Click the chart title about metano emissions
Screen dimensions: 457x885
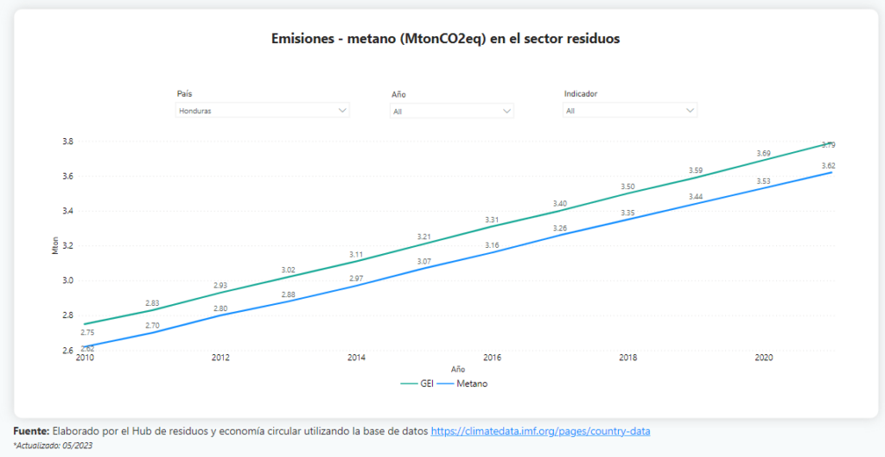click(x=445, y=39)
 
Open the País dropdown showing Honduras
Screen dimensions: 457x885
click(x=262, y=111)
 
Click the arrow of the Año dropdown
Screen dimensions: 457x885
click(x=506, y=111)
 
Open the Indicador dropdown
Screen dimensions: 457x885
click(x=630, y=111)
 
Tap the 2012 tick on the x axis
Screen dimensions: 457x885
click(x=220, y=357)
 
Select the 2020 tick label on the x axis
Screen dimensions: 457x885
click(x=763, y=357)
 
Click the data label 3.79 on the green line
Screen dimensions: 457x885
click(x=828, y=145)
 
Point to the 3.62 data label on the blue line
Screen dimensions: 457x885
click(x=828, y=166)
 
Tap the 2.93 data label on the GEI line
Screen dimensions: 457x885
click(x=220, y=285)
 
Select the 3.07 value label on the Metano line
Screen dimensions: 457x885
click(x=423, y=261)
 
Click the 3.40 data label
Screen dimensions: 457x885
click(x=559, y=203)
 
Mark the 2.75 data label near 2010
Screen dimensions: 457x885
click(x=87, y=333)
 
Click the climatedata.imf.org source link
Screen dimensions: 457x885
click(x=540, y=430)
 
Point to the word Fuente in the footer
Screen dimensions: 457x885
click(x=31, y=430)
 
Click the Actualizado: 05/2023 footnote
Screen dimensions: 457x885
click(x=53, y=445)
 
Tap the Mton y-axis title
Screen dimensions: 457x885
click(x=55, y=245)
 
